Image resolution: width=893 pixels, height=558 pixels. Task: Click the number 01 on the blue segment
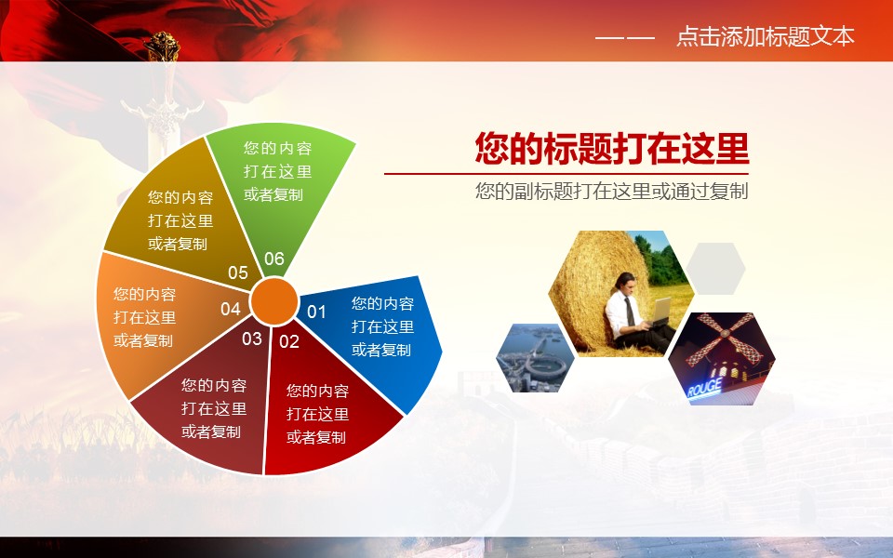(316, 312)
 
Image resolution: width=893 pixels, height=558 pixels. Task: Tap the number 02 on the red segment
(288, 341)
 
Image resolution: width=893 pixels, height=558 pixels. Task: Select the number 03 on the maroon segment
(252, 339)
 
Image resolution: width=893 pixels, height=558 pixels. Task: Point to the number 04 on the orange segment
(231, 309)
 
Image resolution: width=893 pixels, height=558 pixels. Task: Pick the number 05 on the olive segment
(238, 272)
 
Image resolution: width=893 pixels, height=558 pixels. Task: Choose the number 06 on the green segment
(273, 259)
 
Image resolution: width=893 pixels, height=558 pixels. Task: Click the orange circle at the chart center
(273, 301)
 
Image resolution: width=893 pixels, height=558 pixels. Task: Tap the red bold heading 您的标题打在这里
(612, 149)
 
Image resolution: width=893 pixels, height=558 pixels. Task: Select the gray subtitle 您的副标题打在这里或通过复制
(612, 192)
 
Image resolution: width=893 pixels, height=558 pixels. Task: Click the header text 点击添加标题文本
(766, 36)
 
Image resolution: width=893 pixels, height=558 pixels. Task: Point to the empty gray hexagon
(715, 268)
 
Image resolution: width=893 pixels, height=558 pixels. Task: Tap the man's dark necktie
(630, 311)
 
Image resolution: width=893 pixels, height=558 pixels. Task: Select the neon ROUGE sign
(704, 389)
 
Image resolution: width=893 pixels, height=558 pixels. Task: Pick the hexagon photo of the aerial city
(536, 358)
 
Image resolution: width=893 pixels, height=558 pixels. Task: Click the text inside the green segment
(278, 171)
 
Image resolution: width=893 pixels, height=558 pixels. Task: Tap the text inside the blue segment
(382, 326)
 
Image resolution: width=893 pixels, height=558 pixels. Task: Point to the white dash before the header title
(625, 38)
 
